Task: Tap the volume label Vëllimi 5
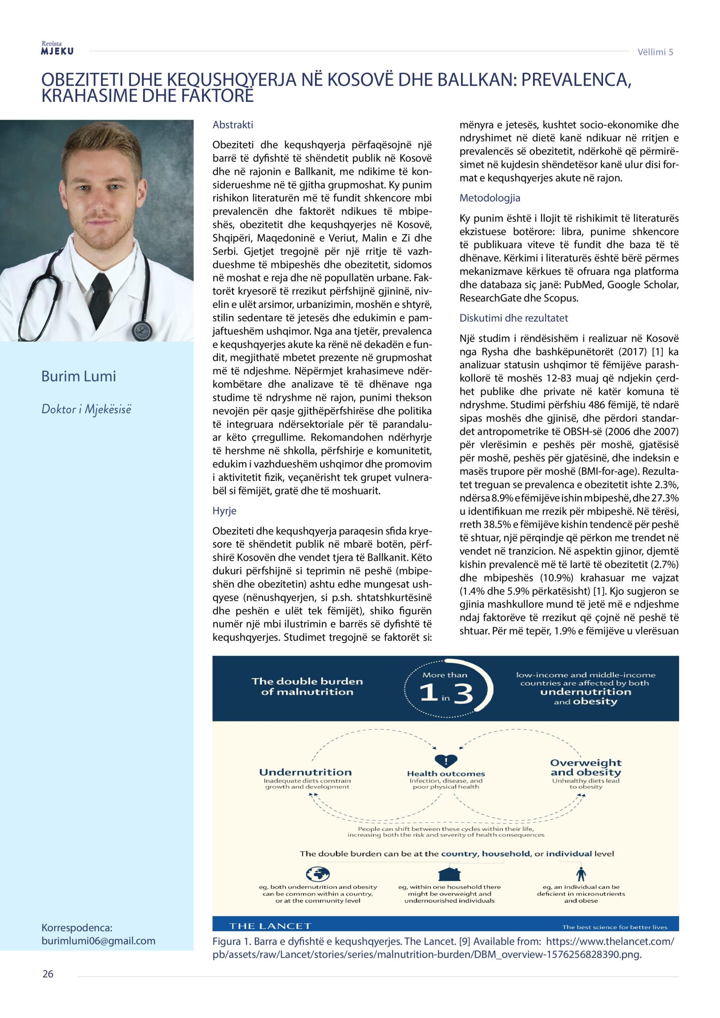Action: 655,52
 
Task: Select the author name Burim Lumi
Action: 78,377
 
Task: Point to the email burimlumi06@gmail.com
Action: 98,940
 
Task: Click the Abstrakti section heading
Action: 233,125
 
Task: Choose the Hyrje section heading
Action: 224,511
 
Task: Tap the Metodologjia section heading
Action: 490,198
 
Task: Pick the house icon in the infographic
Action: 449,874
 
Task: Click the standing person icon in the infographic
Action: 581,874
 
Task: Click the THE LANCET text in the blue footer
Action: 270,926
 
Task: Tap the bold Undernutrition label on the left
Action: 305,772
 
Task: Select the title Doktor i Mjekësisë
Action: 86,409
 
